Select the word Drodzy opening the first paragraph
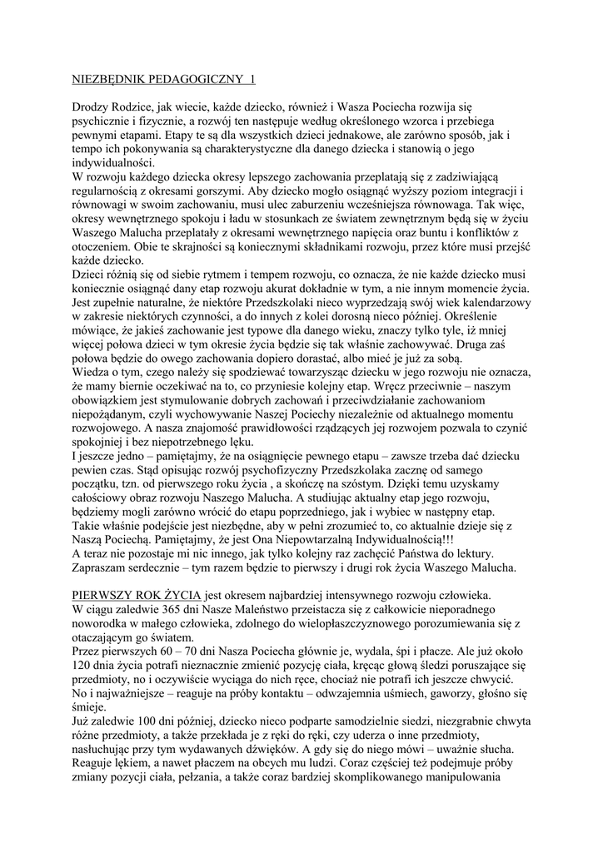pos(90,107)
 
